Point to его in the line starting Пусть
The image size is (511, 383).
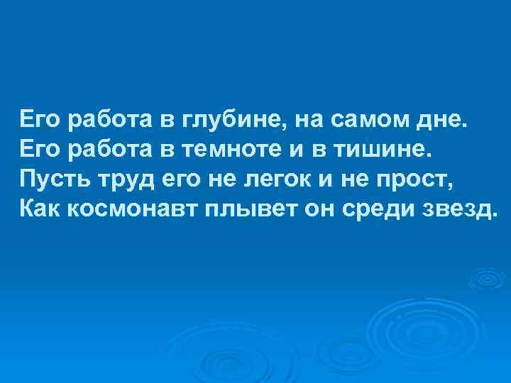[184, 179]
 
